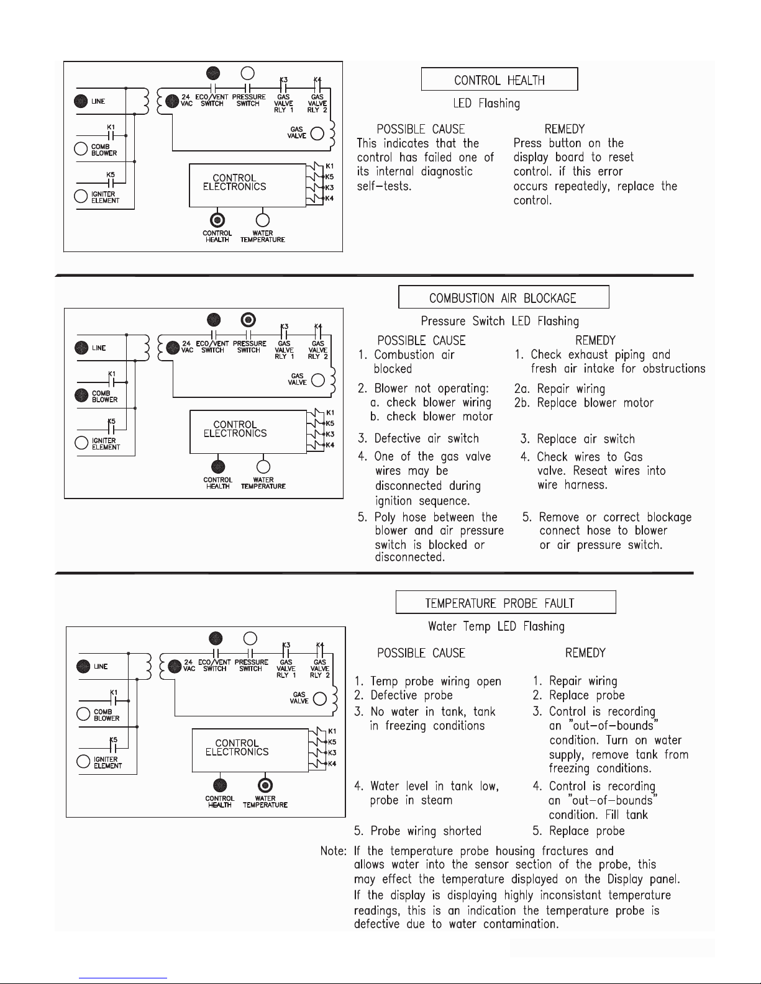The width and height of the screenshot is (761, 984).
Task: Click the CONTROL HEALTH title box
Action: (x=499, y=79)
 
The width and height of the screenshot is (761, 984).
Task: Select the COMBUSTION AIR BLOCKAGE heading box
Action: (x=503, y=297)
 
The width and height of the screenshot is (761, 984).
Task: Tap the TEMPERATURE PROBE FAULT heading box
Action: (x=506, y=602)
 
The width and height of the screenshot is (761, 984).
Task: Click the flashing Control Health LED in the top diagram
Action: (x=217, y=220)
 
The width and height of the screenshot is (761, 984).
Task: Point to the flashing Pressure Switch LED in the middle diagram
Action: (x=248, y=320)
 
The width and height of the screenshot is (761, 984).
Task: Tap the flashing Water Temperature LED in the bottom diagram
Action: (x=265, y=785)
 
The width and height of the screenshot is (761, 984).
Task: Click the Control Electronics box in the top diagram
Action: (x=247, y=186)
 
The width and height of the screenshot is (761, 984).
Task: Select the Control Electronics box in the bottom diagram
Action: (x=250, y=751)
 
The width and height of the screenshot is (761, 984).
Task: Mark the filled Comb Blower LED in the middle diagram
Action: (x=81, y=395)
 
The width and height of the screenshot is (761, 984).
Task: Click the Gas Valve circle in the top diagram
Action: (x=317, y=133)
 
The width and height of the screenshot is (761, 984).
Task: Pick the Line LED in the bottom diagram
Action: (x=83, y=667)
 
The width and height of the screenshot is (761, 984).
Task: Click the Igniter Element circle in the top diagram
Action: (x=81, y=196)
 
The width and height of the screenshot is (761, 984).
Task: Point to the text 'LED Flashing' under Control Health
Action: (x=486, y=103)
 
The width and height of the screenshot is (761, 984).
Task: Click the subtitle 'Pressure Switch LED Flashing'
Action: (x=499, y=321)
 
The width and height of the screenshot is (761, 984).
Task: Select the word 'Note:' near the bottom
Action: (x=334, y=851)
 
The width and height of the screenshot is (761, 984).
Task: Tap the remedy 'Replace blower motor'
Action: (x=595, y=403)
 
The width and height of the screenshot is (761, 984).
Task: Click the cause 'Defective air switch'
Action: (x=426, y=438)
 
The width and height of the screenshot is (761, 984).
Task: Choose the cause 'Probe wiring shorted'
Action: (x=426, y=831)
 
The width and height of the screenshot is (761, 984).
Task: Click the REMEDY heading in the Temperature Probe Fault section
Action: (x=585, y=653)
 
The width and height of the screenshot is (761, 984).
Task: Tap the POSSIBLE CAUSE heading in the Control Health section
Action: (x=421, y=129)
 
